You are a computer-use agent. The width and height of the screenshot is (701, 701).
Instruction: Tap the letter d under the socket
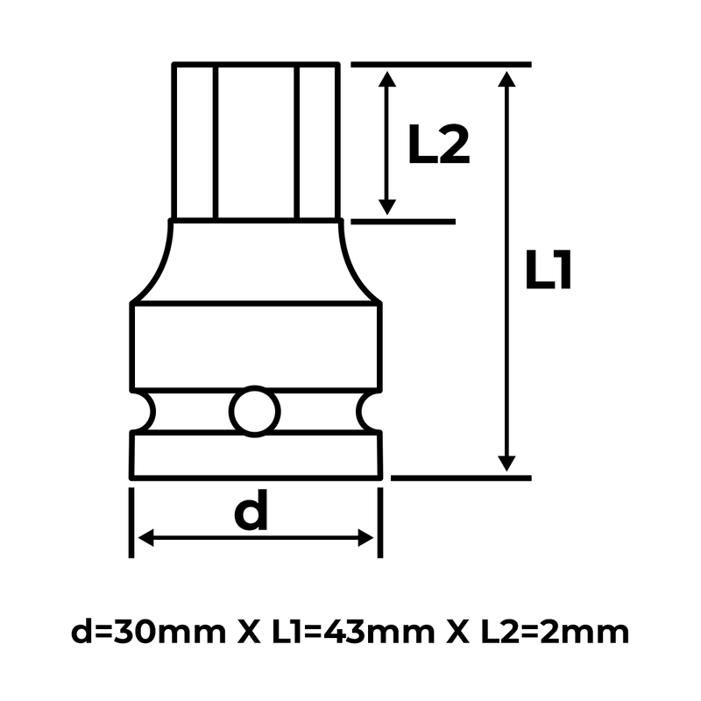[x=252, y=513]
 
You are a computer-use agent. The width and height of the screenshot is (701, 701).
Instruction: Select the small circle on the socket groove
[x=255, y=409]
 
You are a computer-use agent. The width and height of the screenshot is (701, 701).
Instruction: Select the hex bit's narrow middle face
[x=254, y=140]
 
